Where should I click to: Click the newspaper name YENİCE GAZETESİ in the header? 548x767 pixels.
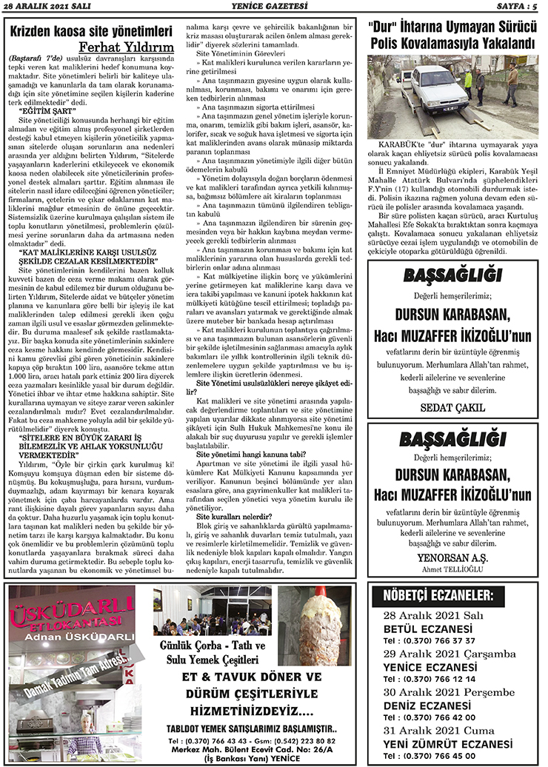(x=274, y=7)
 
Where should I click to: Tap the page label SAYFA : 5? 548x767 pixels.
(x=515, y=7)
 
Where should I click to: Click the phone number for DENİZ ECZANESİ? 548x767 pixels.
(x=429, y=717)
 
